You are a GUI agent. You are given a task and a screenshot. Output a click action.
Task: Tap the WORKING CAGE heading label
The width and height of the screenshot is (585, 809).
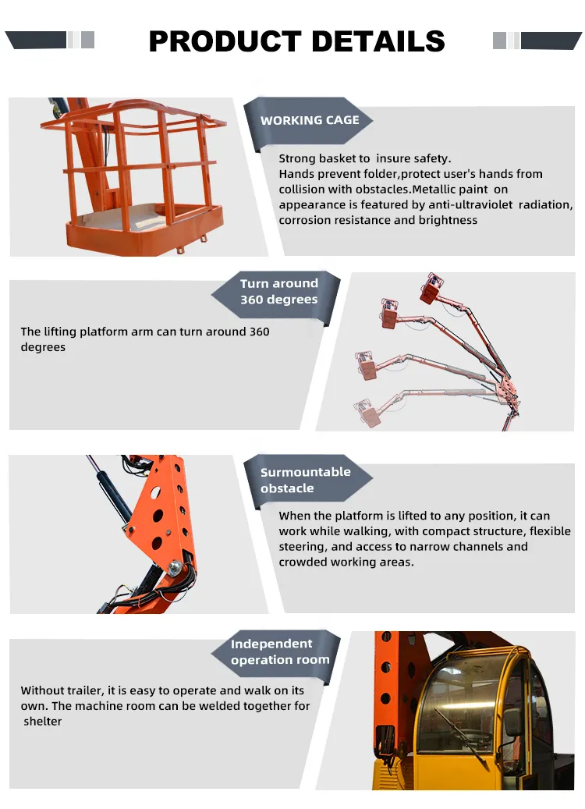click(x=310, y=120)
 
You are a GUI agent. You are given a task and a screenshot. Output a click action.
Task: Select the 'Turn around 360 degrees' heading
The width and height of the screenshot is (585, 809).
click(x=278, y=292)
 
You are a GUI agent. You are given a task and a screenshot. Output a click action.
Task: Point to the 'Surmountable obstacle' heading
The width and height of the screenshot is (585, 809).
click(x=305, y=480)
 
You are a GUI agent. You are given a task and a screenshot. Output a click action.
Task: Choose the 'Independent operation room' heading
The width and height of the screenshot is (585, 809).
click(x=279, y=651)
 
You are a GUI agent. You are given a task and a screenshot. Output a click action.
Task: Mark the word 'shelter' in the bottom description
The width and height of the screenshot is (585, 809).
click(x=43, y=722)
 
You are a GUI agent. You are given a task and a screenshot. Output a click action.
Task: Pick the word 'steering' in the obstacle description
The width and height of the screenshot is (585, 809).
click(x=301, y=547)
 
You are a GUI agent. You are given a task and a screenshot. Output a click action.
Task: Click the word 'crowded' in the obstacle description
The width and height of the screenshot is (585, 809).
click(x=302, y=562)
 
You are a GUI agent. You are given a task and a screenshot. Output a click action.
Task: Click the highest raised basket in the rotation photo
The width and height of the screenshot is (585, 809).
click(x=431, y=289)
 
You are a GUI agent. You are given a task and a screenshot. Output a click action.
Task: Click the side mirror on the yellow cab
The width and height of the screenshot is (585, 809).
click(x=512, y=722)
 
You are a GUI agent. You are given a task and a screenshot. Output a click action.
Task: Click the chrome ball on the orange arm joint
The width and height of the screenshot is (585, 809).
click(x=177, y=562)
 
